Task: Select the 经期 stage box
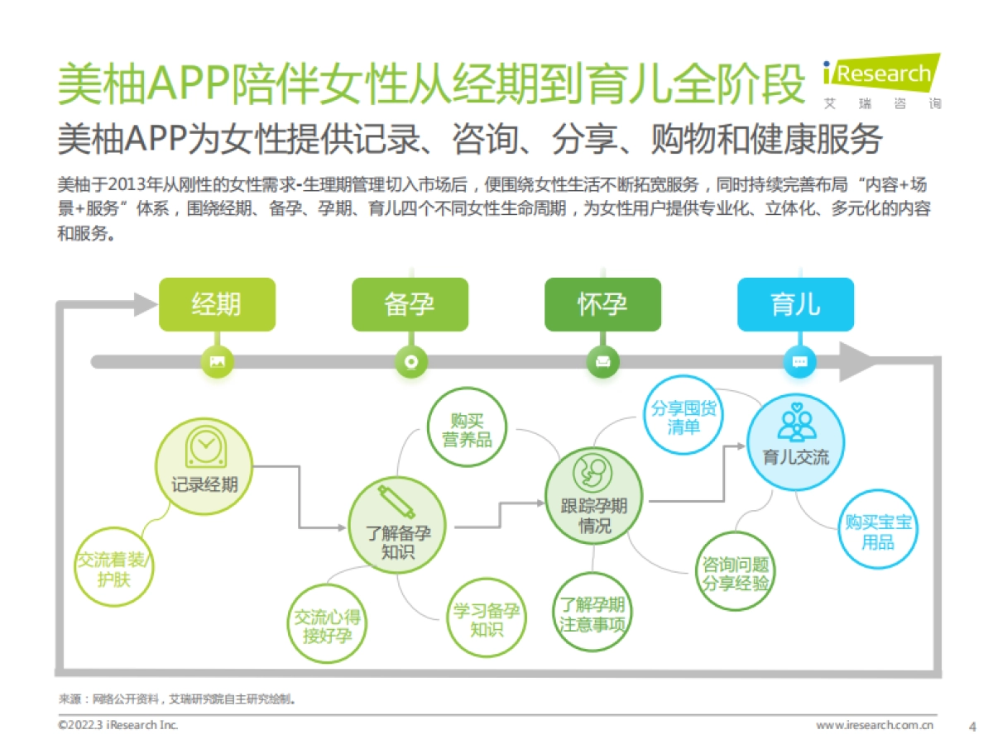pyautogui.click(x=217, y=304)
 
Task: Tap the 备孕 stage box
pyautogui.click(x=410, y=304)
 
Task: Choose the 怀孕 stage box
pyautogui.click(x=602, y=304)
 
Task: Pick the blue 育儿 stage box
pyautogui.click(x=795, y=304)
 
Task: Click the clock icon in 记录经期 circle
pyautogui.click(x=204, y=446)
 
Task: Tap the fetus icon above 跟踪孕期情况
pyautogui.click(x=593, y=472)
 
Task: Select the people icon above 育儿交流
pyautogui.click(x=796, y=424)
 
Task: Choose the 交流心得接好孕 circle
pyautogui.click(x=328, y=626)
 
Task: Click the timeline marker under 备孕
pyautogui.click(x=410, y=361)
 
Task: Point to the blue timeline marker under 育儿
pyautogui.click(x=799, y=361)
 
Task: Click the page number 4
pyautogui.click(x=972, y=726)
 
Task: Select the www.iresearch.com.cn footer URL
pyautogui.click(x=875, y=725)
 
